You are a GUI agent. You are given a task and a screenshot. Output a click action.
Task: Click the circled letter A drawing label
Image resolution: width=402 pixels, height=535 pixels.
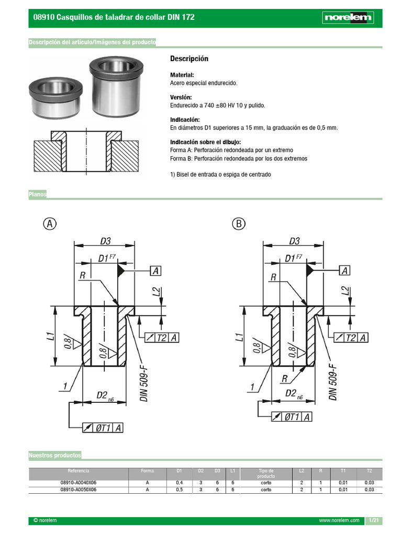(x=49, y=224)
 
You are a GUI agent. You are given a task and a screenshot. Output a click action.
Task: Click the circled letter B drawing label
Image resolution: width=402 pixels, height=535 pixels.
(x=238, y=224)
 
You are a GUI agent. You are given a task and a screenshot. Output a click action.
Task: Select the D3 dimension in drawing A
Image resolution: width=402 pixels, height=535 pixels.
(x=105, y=241)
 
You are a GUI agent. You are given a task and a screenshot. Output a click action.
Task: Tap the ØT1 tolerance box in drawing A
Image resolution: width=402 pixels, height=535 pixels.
(x=103, y=428)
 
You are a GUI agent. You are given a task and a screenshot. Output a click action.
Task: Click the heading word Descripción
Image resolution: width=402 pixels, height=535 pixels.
(x=189, y=59)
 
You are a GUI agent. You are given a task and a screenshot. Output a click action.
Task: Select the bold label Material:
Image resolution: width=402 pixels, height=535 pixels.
(x=182, y=75)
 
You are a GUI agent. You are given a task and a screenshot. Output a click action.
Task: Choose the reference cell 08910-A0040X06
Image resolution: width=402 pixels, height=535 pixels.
(x=79, y=483)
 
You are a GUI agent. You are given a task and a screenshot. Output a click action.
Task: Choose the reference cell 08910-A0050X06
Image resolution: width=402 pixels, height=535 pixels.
(x=79, y=490)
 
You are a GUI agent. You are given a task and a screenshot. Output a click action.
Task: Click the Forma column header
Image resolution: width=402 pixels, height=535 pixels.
(x=147, y=471)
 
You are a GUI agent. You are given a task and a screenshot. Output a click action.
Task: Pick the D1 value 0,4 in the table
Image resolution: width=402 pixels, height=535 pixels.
(x=180, y=483)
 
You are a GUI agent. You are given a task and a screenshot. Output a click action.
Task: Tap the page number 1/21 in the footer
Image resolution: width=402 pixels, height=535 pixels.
(x=373, y=520)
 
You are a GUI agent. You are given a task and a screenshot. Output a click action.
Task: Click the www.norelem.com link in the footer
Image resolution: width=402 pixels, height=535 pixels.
(x=339, y=521)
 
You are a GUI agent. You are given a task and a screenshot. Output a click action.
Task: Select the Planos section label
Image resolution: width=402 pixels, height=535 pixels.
(x=38, y=194)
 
